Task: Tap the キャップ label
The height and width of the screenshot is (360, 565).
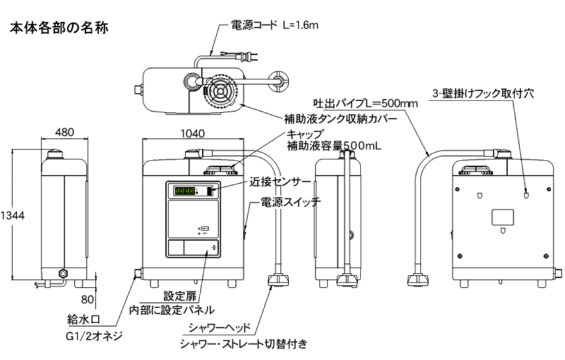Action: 305,134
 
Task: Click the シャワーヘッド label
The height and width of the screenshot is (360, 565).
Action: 222,328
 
